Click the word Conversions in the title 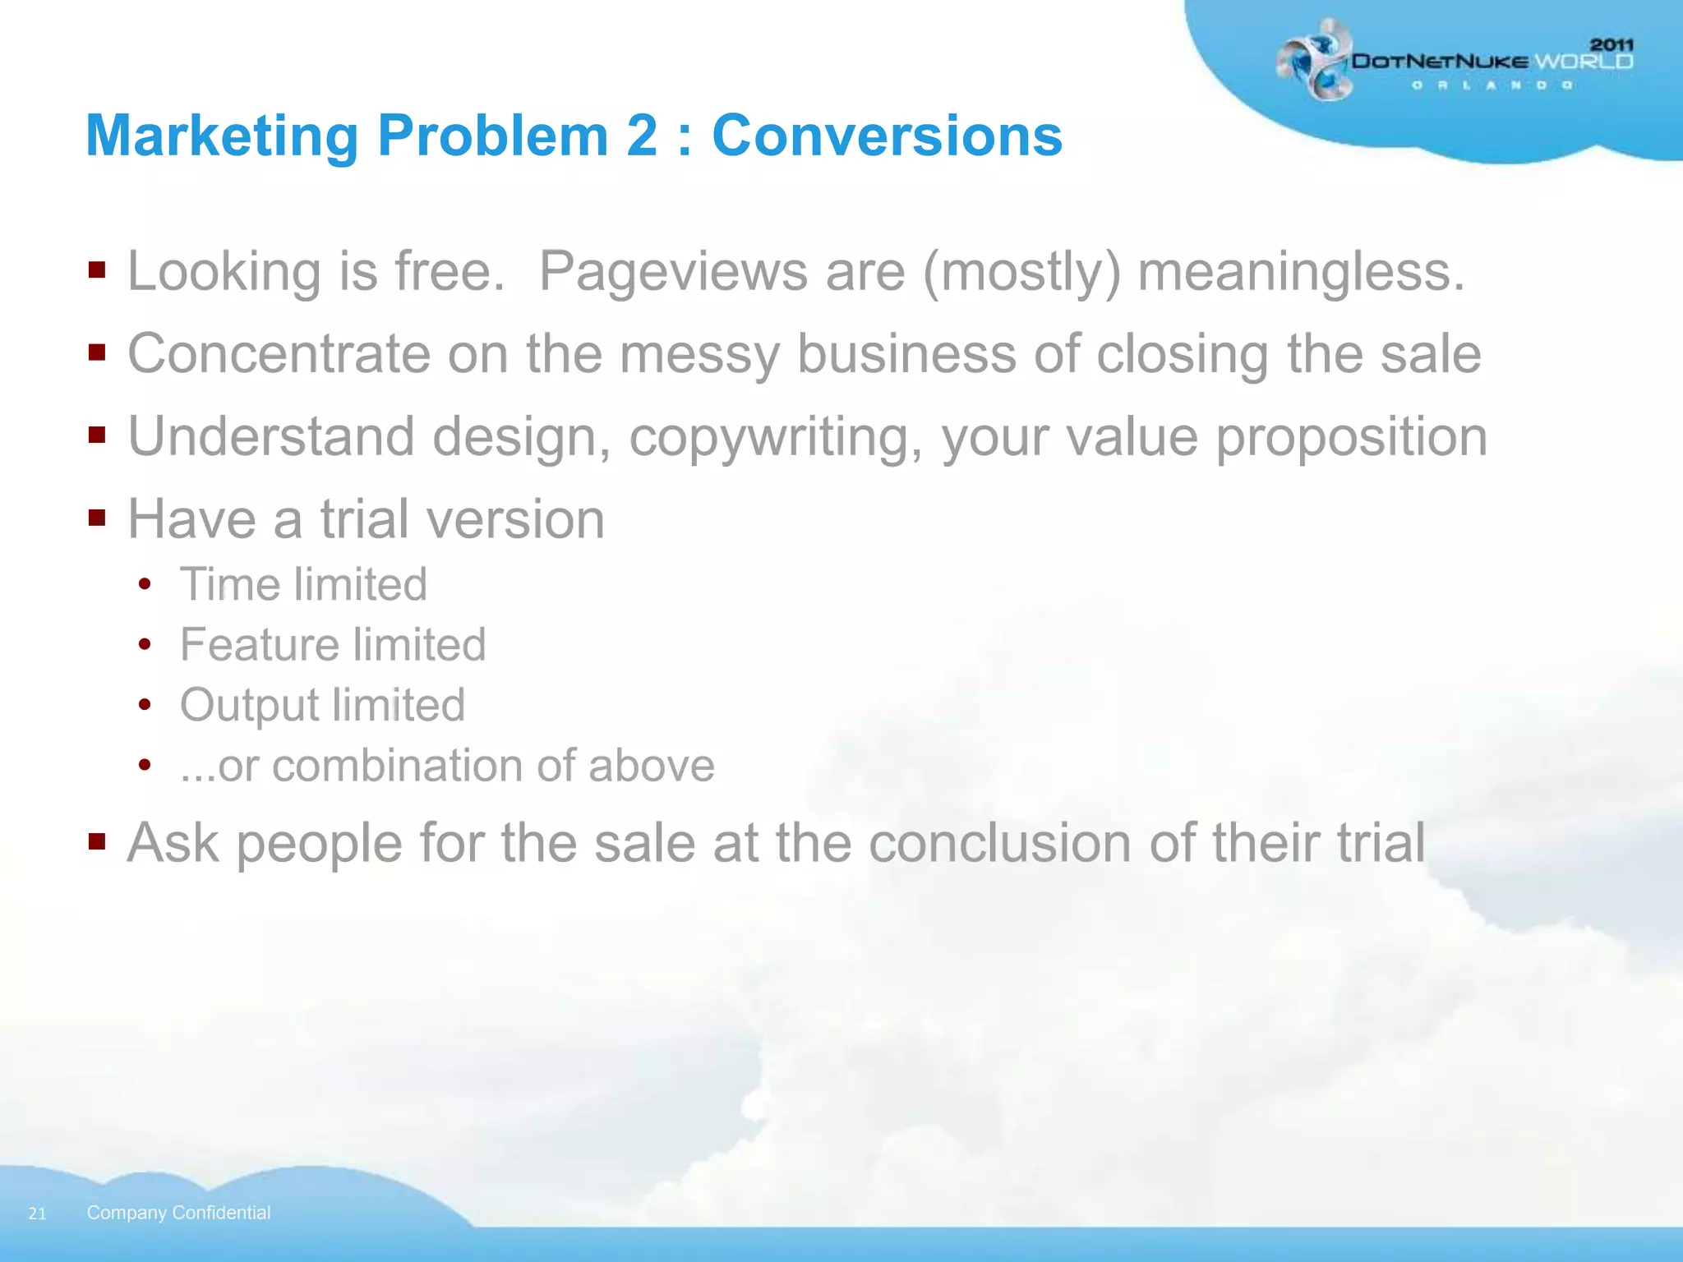coord(887,136)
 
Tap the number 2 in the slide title coord(642,136)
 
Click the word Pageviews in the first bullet coord(672,272)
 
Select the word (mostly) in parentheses coord(1021,272)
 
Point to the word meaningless coord(1301,272)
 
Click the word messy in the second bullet coord(698,355)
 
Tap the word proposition coord(1351,437)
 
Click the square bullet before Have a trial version coord(97,517)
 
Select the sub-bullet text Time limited coord(303,584)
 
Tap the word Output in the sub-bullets coord(249,705)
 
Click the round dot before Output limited coord(145,704)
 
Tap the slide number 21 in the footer coord(37,1214)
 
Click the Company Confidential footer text coord(178,1213)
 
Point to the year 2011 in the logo coord(1612,44)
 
